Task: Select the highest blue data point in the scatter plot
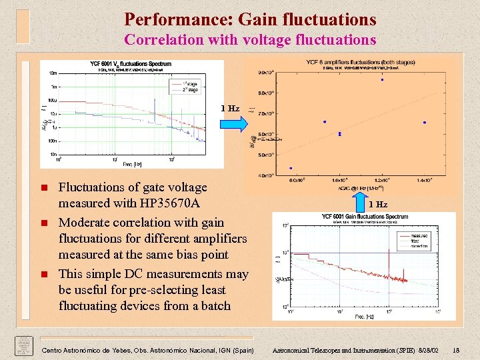click(382, 80)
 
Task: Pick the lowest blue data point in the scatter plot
click(291, 168)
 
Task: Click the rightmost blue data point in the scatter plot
click(425, 123)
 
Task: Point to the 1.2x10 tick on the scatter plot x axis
click(382, 180)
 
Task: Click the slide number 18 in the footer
click(455, 350)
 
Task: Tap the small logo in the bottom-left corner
click(23, 347)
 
